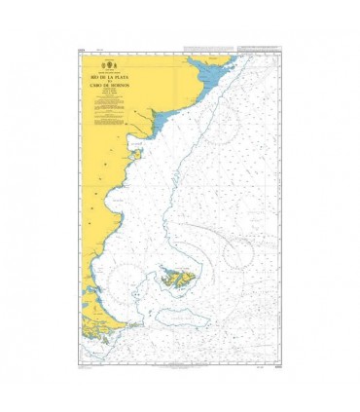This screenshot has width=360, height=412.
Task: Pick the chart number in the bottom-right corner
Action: coord(278,364)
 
